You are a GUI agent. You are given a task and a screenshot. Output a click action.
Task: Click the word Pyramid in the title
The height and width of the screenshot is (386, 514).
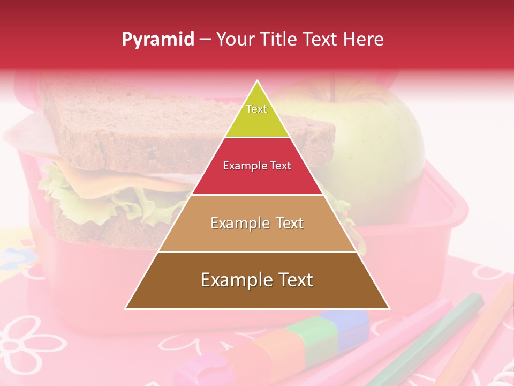coord(157,40)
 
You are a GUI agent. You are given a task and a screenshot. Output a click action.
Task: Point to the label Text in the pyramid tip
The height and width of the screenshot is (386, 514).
coord(256,109)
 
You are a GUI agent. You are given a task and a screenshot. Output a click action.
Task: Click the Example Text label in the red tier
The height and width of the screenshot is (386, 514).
coord(257,166)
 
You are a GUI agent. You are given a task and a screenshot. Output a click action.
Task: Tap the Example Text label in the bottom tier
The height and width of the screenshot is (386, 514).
coord(257,280)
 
